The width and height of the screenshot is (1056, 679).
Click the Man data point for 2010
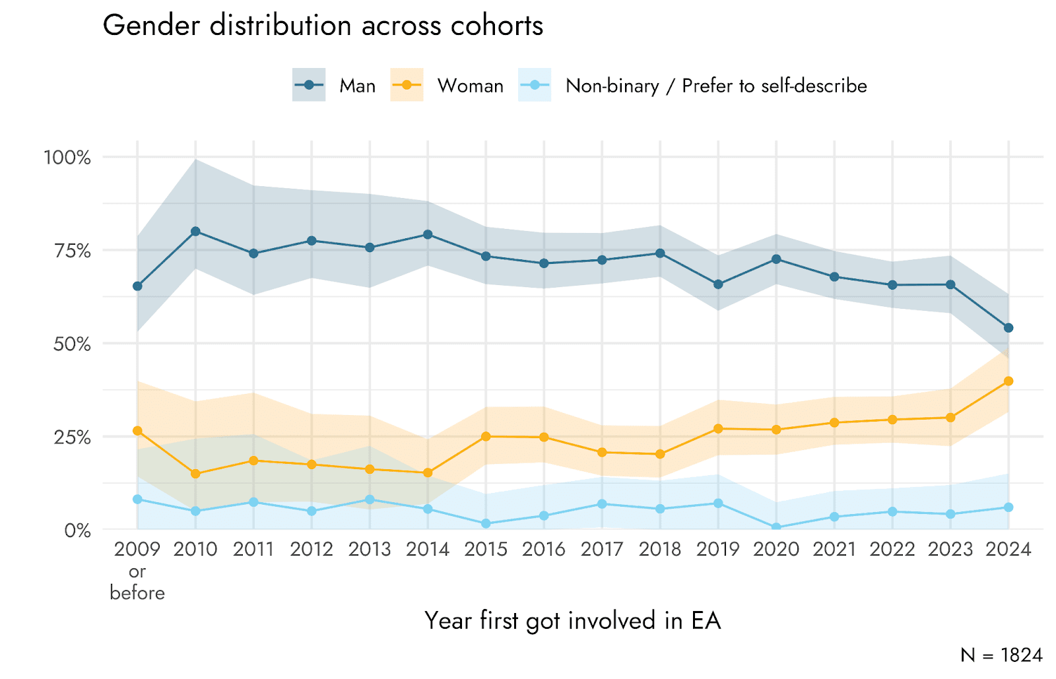[195, 232]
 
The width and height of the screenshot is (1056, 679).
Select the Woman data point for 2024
[1008, 381]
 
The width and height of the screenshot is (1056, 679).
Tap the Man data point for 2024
[1008, 328]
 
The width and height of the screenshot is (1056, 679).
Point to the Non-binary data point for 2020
[776, 528]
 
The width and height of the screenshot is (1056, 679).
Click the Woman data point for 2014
[428, 472]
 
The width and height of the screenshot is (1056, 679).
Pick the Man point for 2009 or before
[137, 286]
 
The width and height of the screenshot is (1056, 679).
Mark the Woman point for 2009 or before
[137, 431]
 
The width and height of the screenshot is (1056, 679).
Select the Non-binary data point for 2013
[370, 500]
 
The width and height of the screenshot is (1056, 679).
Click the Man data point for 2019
[718, 284]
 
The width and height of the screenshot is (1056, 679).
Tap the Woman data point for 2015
[486, 436]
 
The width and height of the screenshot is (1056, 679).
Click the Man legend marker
[309, 85]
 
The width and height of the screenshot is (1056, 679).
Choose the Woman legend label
[470, 86]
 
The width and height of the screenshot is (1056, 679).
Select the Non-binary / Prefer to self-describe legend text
[716, 86]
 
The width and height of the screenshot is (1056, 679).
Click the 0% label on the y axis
[77, 531]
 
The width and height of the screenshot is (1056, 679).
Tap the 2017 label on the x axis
[602, 549]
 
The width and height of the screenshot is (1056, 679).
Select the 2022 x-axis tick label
[892, 549]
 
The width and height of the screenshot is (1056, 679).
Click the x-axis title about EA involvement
[572, 621]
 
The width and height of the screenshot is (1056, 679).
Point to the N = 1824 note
[1001, 655]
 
